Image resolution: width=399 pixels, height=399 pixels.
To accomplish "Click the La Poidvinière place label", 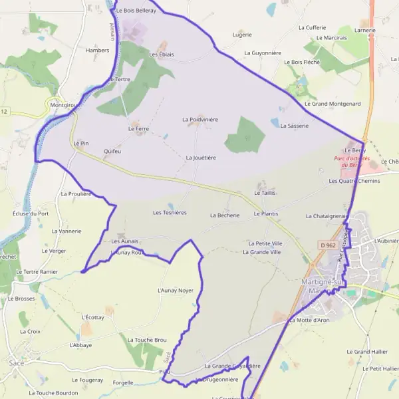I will pyautogui.click(x=200, y=120).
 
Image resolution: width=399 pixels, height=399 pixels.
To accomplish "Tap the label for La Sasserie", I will pyautogui.click(x=295, y=126).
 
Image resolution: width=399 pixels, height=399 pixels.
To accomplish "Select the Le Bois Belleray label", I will pyautogui.click(x=136, y=11).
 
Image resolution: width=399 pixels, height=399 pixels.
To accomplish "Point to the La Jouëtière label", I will pyautogui.click(x=201, y=158).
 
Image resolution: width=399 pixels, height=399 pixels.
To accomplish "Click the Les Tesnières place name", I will pyautogui.click(x=170, y=213).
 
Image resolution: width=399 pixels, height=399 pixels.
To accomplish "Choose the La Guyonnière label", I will pyautogui.click(x=264, y=53).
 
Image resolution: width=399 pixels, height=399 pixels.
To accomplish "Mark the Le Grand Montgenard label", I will pyautogui.click(x=332, y=104).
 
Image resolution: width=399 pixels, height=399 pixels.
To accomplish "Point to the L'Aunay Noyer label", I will pyautogui.click(x=175, y=291).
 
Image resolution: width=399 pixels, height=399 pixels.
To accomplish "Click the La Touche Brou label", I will pyautogui.click(x=146, y=340).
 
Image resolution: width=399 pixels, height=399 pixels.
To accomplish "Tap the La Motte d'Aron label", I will pyautogui.click(x=309, y=321).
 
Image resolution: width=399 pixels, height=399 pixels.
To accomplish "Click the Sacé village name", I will pyautogui.click(x=17, y=363).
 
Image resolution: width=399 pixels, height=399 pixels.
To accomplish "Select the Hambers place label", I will pyautogui.click(x=97, y=50).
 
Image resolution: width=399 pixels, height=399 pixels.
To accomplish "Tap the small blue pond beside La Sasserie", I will pyautogui.click(x=274, y=122).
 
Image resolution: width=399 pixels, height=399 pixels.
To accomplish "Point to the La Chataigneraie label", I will pyautogui.click(x=327, y=216).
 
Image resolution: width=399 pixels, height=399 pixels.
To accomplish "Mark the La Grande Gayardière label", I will pyautogui.click(x=232, y=366).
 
